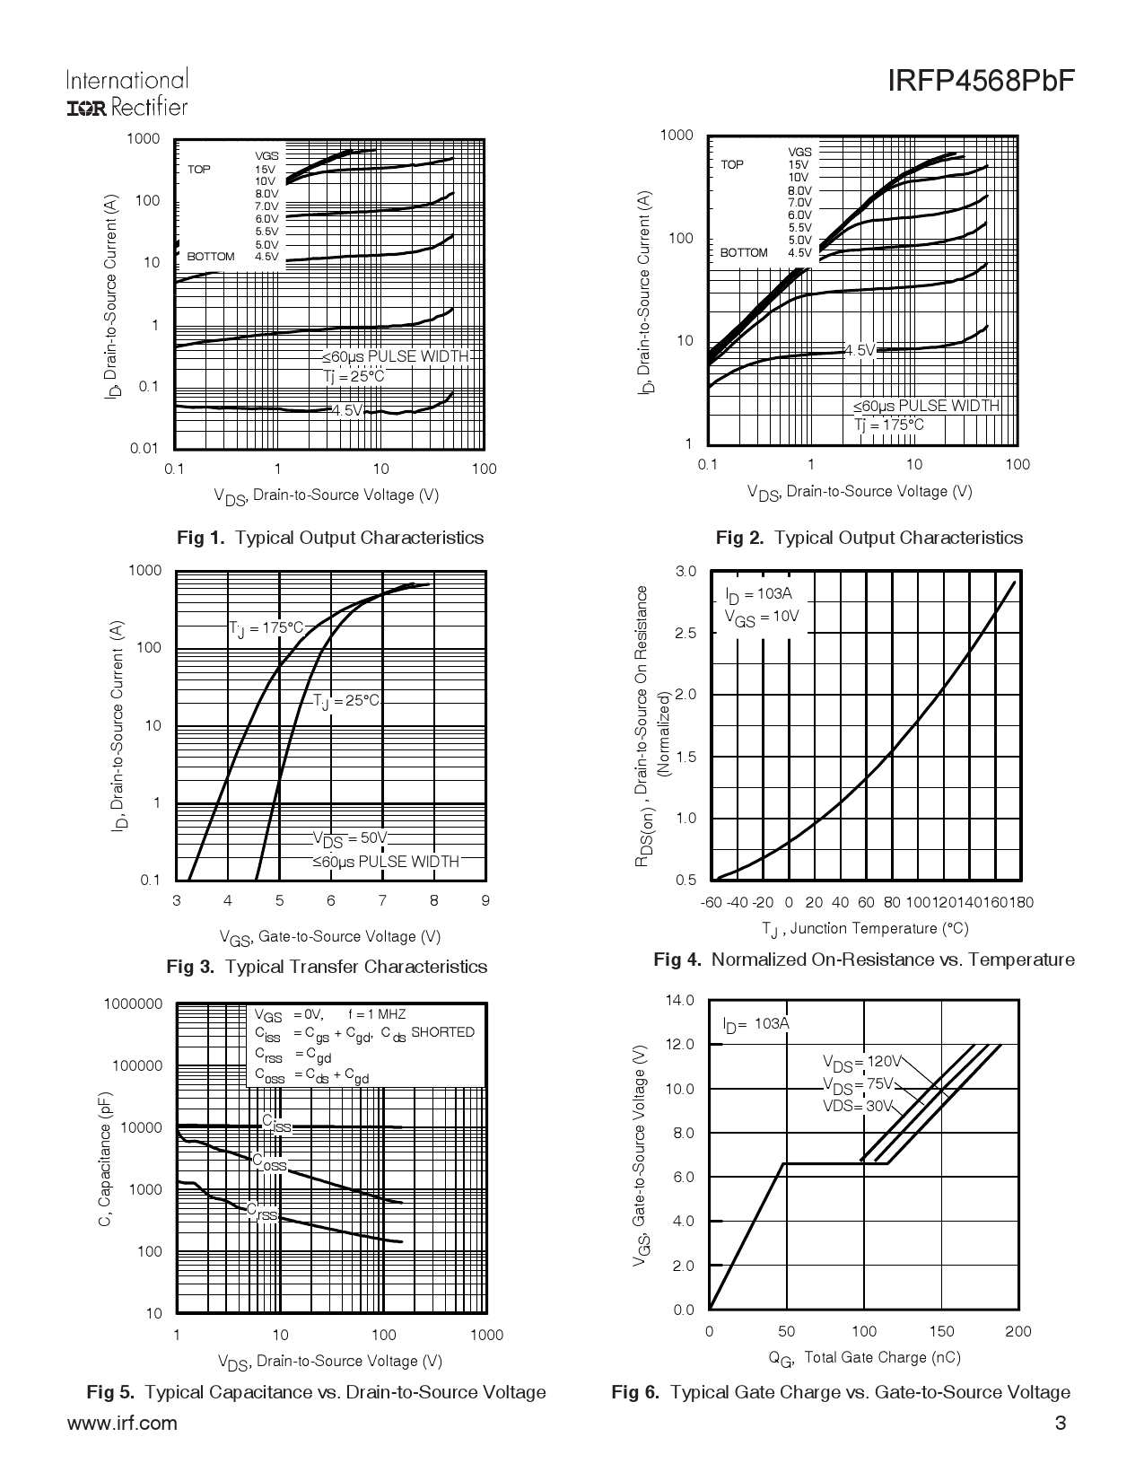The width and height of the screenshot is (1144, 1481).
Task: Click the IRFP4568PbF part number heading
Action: point(981,82)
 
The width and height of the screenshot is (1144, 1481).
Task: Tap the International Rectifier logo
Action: point(127,93)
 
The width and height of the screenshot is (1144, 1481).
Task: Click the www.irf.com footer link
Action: point(121,1423)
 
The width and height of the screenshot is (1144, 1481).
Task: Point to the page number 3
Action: point(1061,1423)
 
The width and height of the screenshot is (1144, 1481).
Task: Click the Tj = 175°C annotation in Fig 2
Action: point(888,425)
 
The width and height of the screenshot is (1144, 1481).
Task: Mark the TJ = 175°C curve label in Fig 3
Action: point(266,627)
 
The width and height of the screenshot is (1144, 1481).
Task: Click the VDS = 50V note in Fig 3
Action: point(349,839)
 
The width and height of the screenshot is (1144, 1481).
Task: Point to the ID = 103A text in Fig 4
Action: point(758,594)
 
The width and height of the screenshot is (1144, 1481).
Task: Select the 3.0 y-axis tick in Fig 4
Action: point(686,572)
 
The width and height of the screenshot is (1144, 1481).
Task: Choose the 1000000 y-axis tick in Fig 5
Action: point(133,1003)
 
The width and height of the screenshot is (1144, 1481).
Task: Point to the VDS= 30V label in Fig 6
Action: point(858,1106)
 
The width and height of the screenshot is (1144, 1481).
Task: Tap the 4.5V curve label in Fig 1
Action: point(345,411)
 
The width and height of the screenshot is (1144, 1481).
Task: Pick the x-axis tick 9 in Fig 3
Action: point(485,900)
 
